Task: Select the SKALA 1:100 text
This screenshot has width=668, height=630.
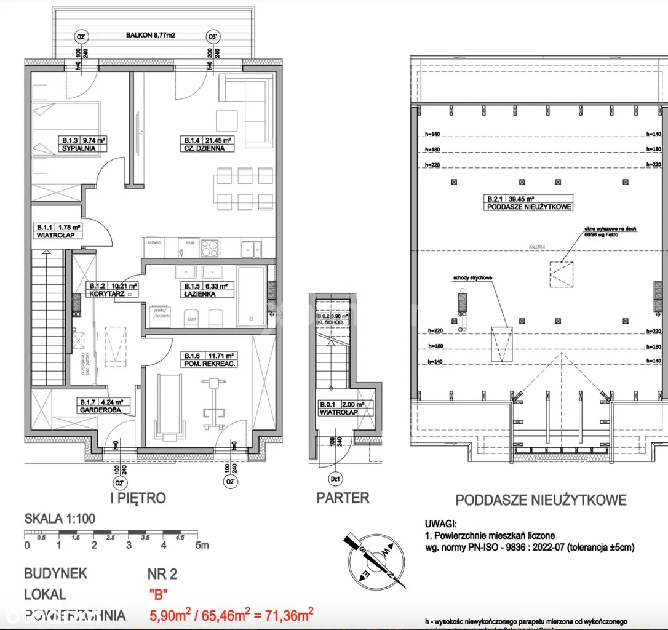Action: [x=60, y=519]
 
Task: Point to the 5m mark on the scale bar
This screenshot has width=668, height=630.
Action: [x=201, y=545]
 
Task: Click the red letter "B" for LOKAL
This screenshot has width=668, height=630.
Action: [x=159, y=595]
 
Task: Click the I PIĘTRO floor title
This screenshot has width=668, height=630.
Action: [x=138, y=498]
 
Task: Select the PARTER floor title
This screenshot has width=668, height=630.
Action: [x=343, y=498]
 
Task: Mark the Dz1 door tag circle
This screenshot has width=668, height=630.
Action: [x=336, y=479]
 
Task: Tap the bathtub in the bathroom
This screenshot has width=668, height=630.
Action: [x=252, y=295]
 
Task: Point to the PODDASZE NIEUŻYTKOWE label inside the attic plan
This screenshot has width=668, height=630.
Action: [x=529, y=207]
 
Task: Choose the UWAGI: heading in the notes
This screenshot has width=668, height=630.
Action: [x=440, y=525]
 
